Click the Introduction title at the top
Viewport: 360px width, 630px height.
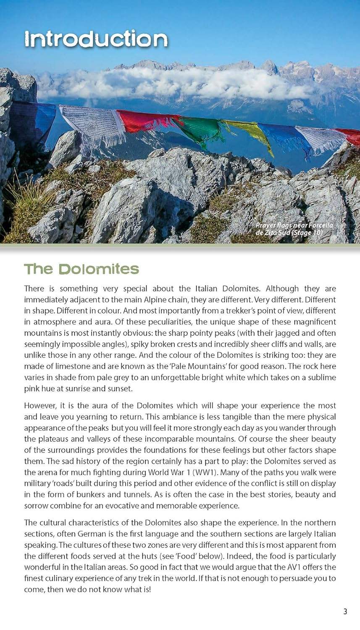(96, 39)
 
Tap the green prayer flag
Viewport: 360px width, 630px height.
(203, 130)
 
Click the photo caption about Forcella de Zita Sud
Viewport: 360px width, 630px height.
(294, 229)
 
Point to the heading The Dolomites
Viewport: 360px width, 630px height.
(81, 269)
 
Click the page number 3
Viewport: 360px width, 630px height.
(345, 611)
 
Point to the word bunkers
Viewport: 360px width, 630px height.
(88, 494)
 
